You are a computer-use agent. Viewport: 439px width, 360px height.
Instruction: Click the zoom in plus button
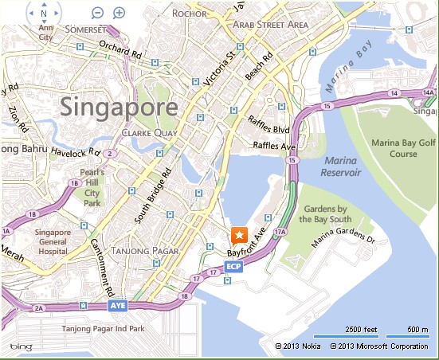pyautogui.click(x=119, y=13)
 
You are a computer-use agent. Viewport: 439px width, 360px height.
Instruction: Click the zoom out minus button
pyautogui.click(x=97, y=13)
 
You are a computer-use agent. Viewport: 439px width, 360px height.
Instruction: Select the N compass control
pyautogui.click(x=43, y=14)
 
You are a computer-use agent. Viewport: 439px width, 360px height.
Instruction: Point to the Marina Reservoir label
pyautogui.click(x=342, y=166)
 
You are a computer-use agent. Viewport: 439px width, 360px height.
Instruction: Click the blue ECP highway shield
pyautogui.click(x=233, y=266)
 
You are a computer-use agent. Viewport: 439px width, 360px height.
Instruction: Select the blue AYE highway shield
pyautogui.click(x=117, y=305)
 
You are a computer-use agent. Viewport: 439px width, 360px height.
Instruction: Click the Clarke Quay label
pyautogui.click(x=143, y=134)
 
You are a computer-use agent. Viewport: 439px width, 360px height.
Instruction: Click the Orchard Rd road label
pyautogui.click(x=120, y=54)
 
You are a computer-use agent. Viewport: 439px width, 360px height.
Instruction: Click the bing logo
pyautogui.click(x=22, y=347)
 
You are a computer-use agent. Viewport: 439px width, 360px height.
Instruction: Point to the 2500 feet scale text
pyautogui.click(x=363, y=330)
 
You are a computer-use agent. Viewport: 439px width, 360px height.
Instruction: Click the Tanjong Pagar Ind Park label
pyautogui.click(x=105, y=328)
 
